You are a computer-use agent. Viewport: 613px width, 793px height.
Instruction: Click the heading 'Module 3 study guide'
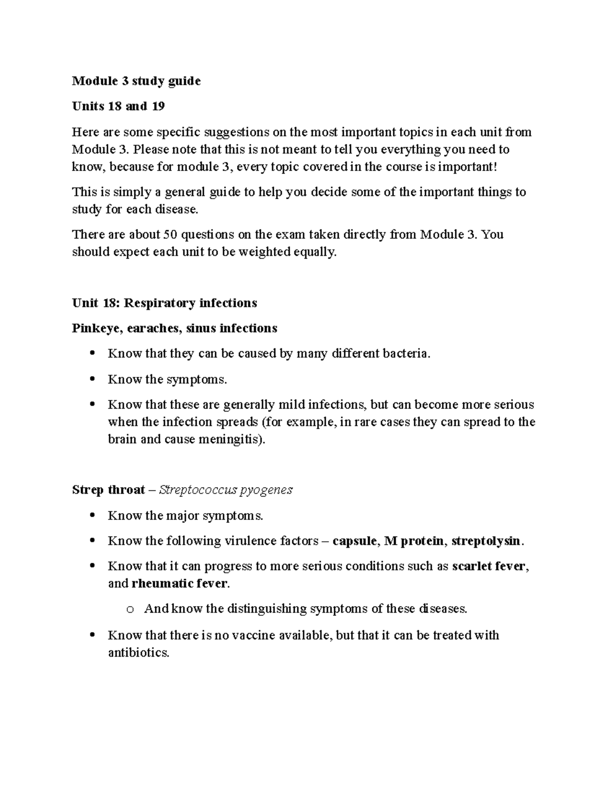(136, 81)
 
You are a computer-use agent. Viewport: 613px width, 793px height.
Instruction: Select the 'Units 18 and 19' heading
(118, 107)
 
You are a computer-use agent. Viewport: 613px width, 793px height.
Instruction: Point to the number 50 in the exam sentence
(170, 234)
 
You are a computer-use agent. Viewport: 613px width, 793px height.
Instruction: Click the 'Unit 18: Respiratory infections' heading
(164, 303)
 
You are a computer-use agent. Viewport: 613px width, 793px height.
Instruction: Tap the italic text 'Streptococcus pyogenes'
(226, 490)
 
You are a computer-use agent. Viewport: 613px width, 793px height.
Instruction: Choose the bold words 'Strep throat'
(108, 490)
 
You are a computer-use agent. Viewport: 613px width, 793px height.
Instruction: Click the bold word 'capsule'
(355, 541)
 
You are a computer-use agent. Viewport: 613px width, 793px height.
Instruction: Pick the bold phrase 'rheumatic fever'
(179, 584)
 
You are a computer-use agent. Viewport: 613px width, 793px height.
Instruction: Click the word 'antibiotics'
(138, 653)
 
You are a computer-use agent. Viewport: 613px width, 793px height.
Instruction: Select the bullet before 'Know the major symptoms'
(92, 516)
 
